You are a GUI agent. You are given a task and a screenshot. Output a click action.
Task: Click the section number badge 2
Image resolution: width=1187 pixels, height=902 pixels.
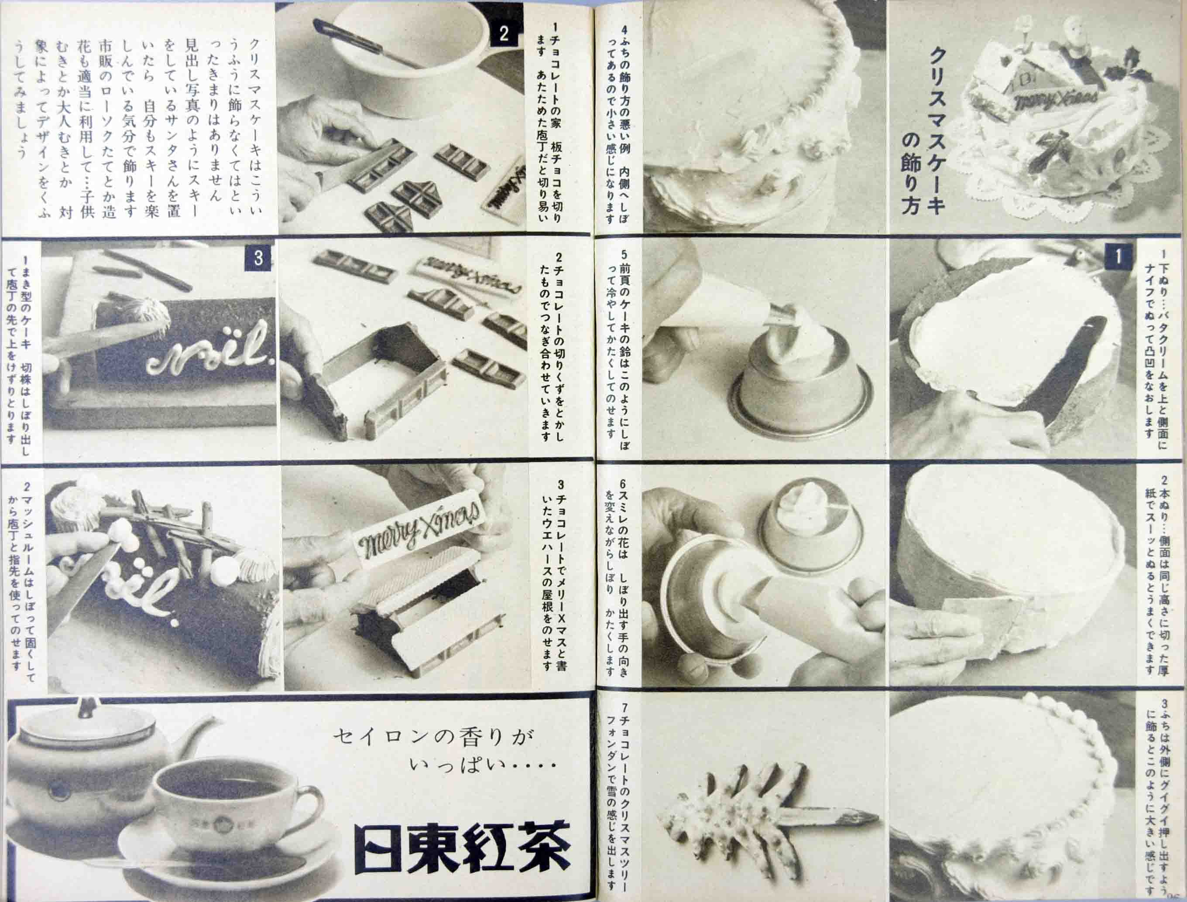click(503, 34)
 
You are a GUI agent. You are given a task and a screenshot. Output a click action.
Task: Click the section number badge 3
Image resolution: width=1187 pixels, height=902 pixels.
click(258, 258)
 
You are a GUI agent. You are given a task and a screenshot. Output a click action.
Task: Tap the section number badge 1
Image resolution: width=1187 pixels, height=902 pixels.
click(1118, 257)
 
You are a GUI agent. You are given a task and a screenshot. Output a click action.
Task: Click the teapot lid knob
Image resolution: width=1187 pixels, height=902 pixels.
click(85, 707)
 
